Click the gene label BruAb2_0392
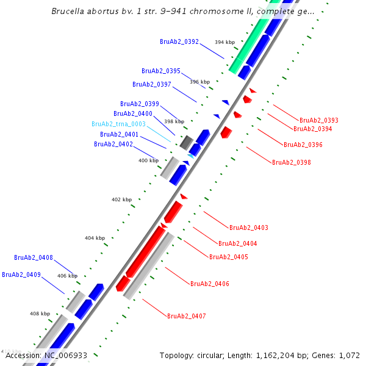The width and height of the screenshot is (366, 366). coord(179,41)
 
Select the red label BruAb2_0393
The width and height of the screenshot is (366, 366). coord(318,120)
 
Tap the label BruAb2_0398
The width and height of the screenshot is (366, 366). coord(291,162)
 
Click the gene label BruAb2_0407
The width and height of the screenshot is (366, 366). coord(186,316)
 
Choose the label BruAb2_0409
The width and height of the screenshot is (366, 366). coord(21,274)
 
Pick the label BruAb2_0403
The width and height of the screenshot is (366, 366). coord(248,228)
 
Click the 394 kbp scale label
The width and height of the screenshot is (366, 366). coord(224,42)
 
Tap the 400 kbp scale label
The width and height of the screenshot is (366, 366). coord(148,160)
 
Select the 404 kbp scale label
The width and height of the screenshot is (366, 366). coord(95,237)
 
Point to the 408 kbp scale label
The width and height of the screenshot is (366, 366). coord(40,314)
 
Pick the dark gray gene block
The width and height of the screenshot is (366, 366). coord(187,142)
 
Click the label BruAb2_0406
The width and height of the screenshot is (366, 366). coord(209,284)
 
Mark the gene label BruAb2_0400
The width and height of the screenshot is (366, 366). coord(132,113)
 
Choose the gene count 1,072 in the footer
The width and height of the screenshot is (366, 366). coord(348,355)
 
